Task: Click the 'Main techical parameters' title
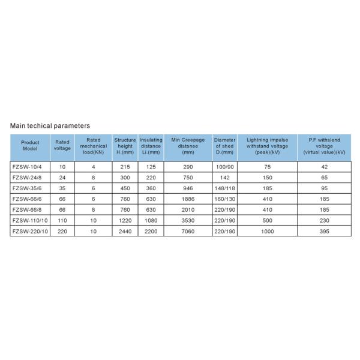click(x=50, y=126)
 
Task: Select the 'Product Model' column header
click(x=29, y=148)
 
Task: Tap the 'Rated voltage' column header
click(x=62, y=148)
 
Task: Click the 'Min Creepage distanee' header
click(x=188, y=148)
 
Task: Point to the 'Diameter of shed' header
click(x=224, y=148)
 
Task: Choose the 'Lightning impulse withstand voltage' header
click(x=267, y=148)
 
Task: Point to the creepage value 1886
click(x=188, y=199)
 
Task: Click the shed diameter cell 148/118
click(x=224, y=188)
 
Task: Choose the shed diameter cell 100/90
click(x=224, y=166)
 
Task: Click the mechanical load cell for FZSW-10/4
click(x=93, y=166)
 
